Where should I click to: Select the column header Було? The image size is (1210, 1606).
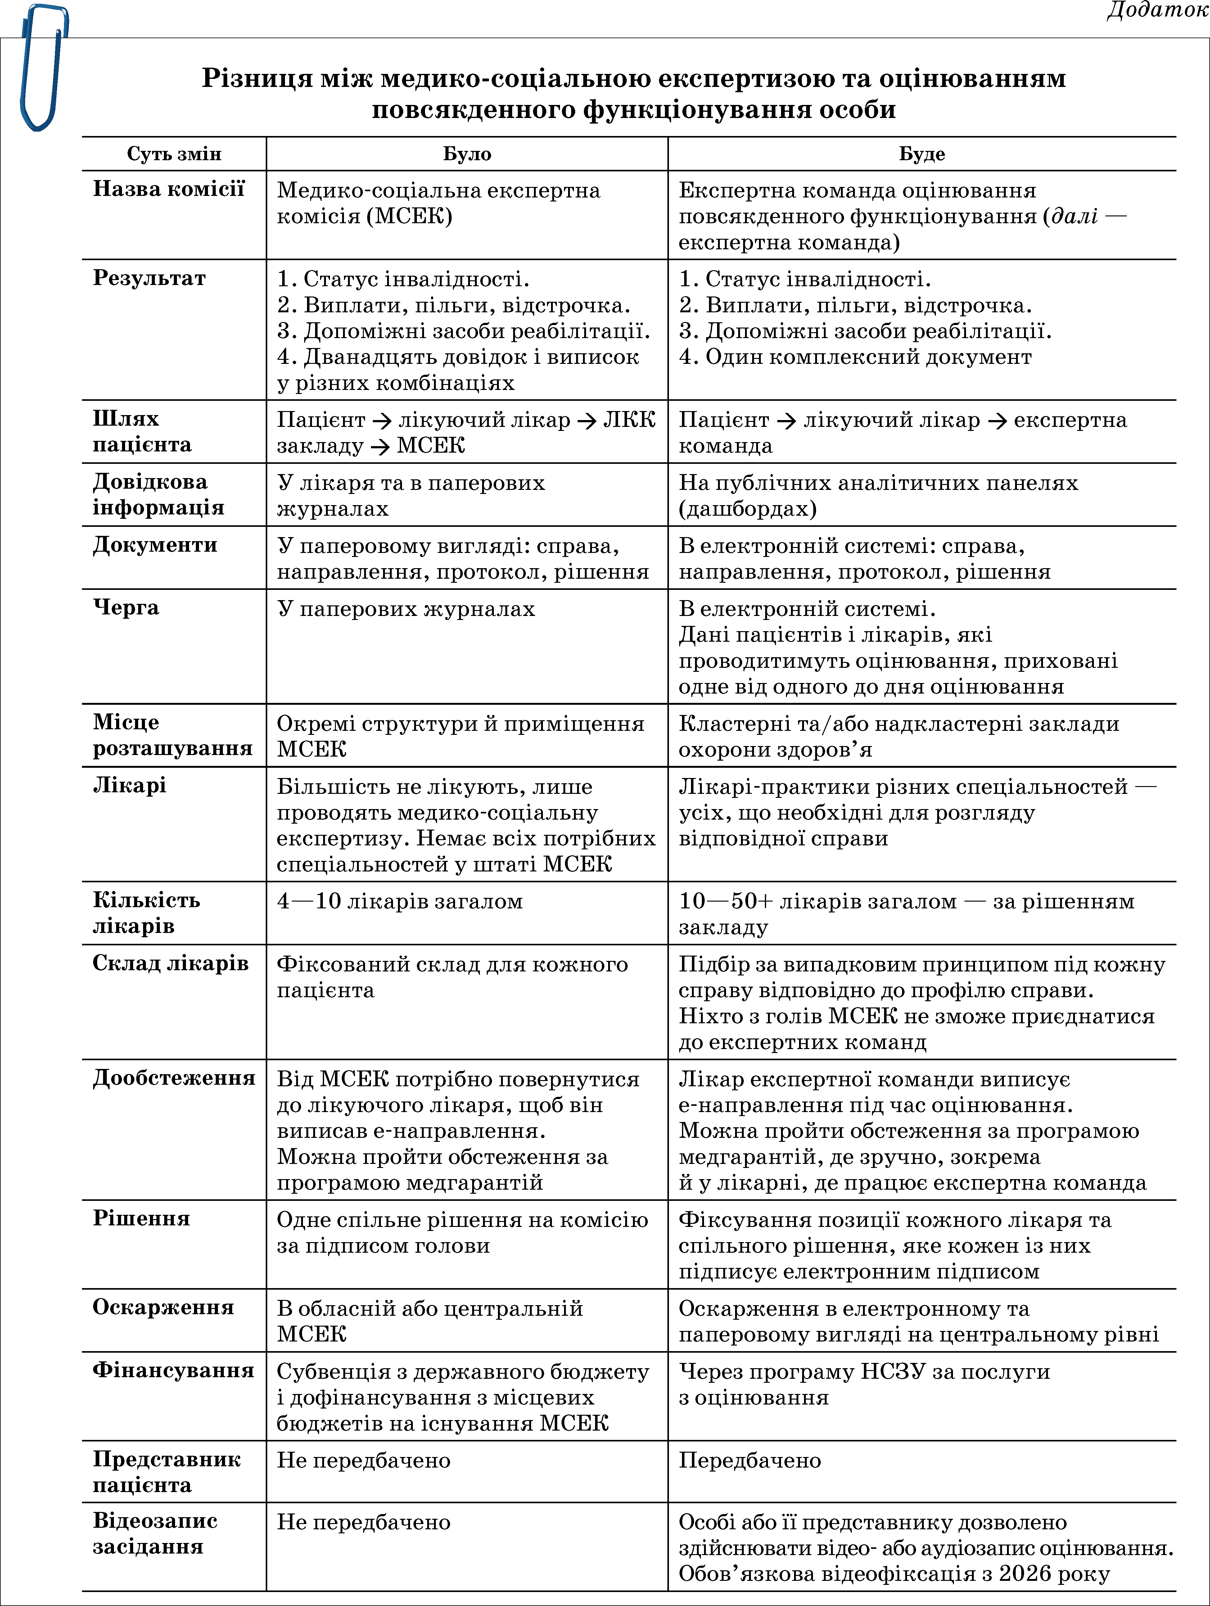[467, 154]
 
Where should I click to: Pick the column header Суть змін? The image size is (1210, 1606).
[174, 154]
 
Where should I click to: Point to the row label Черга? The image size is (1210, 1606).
[126, 607]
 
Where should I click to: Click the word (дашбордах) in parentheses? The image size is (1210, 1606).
[747, 508]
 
